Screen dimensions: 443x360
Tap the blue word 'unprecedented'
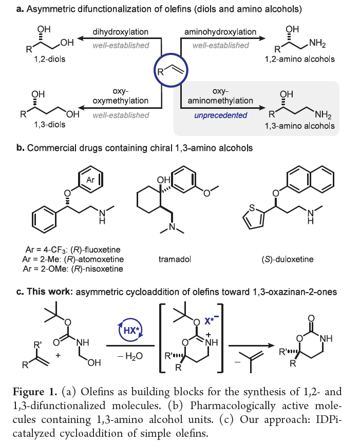(220, 115)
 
